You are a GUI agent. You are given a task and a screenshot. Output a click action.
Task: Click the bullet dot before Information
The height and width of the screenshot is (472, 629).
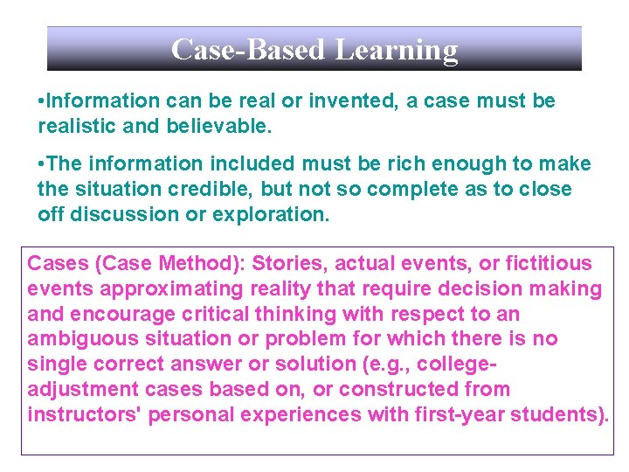click(x=43, y=101)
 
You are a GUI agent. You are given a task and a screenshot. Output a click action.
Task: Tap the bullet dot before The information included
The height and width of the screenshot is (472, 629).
click(x=43, y=164)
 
